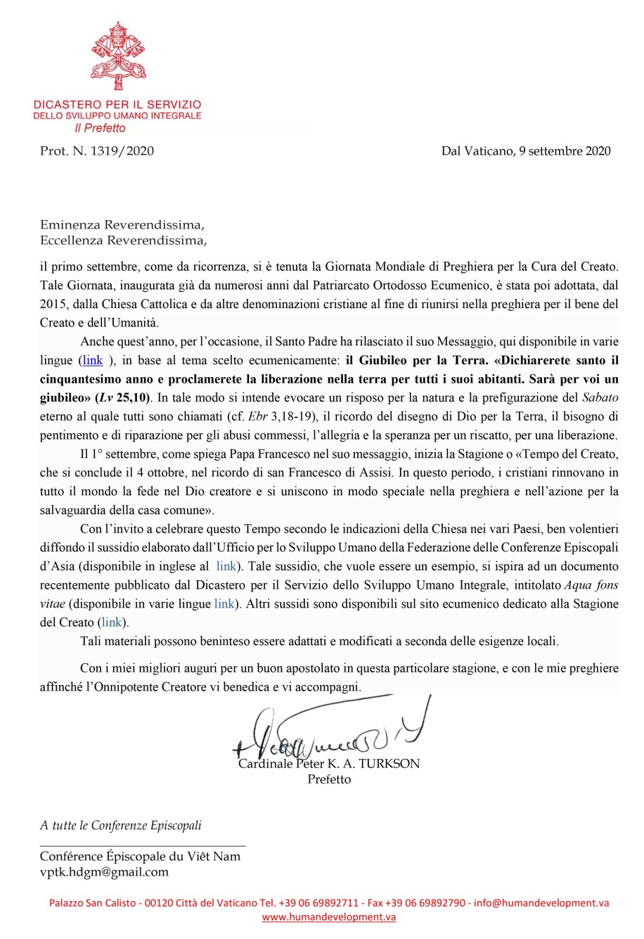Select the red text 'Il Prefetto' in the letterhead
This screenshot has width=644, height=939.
click(100, 128)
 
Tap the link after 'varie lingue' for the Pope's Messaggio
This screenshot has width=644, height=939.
click(93, 361)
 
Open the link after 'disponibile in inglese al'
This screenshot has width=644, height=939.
click(226, 566)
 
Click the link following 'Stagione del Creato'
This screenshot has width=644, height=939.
click(111, 622)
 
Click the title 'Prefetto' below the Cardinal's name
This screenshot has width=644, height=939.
click(329, 779)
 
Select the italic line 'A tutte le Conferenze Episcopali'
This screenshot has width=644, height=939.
click(120, 826)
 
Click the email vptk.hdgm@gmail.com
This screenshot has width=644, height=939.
click(104, 872)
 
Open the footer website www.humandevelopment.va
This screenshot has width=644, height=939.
click(329, 917)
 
